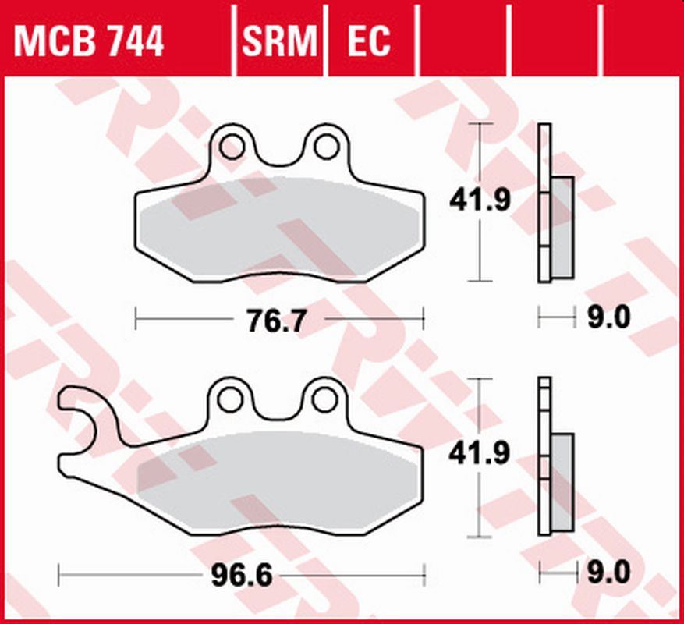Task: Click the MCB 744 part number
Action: pyautogui.click(x=88, y=41)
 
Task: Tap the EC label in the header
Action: pyautogui.click(x=368, y=41)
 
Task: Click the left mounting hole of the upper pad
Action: pyautogui.click(x=231, y=145)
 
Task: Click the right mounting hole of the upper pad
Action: pyautogui.click(x=324, y=145)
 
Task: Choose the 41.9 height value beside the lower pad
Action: pyautogui.click(x=479, y=453)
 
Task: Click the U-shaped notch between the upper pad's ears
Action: pyautogui.click(x=278, y=156)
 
